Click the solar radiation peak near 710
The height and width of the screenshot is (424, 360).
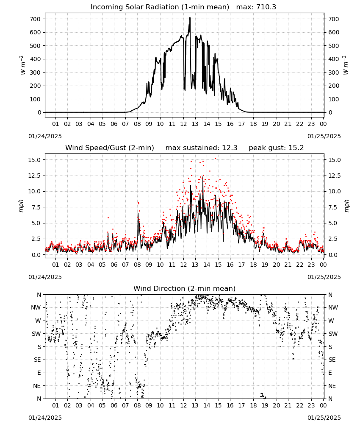(190, 18)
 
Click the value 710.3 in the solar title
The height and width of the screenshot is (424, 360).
(266, 7)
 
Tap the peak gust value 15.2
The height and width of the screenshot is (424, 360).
(295, 148)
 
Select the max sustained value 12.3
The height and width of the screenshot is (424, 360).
(230, 148)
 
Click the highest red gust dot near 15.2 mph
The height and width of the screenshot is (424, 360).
(215, 159)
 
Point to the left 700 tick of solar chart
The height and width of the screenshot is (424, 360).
(36, 19)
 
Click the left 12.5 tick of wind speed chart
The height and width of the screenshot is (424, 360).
(33, 176)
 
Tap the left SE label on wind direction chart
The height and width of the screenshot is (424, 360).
(37, 360)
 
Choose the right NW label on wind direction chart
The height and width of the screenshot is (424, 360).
(333, 308)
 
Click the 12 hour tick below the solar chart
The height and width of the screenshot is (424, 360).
(183, 124)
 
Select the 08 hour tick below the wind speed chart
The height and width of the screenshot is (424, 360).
(137, 265)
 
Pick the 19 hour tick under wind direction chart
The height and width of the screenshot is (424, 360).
(265, 406)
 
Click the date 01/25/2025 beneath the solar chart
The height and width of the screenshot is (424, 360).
(324, 136)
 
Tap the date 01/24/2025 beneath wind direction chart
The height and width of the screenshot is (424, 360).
(45, 418)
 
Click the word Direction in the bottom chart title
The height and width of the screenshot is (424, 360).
(172, 289)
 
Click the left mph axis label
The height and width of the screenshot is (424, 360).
(21, 206)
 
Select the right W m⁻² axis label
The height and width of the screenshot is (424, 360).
(346, 65)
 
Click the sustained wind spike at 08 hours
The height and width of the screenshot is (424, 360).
(138, 214)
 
